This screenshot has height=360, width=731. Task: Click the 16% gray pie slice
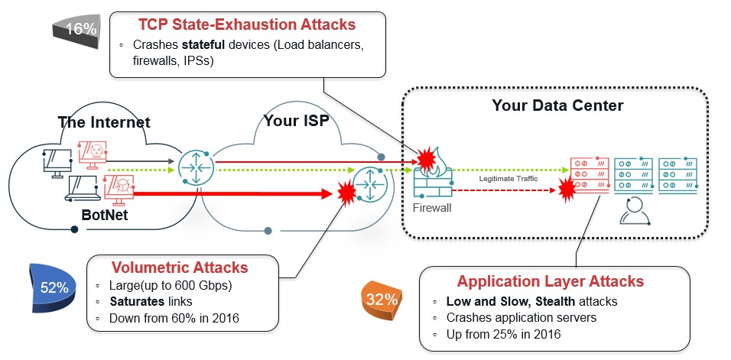(79, 30)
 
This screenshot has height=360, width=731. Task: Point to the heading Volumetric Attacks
(180, 268)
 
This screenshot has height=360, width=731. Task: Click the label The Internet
(103, 122)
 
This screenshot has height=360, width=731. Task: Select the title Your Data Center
(557, 105)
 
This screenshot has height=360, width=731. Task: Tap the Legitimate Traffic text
(508, 178)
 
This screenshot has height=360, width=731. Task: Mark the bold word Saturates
(135, 302)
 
